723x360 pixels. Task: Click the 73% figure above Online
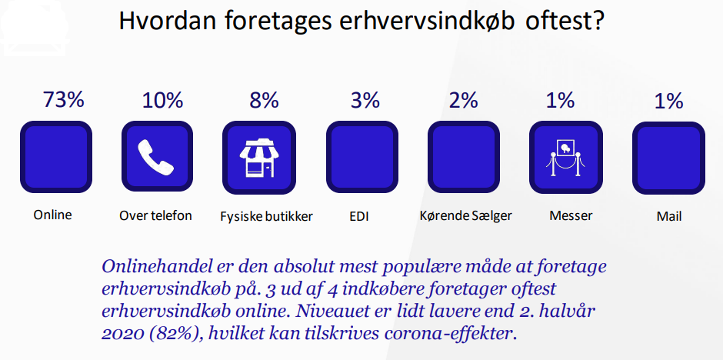tap(64, 99)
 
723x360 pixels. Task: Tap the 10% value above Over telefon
tap(162, 100)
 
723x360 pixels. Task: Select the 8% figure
tap(265, 100)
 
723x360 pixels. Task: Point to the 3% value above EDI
tap(365, 100)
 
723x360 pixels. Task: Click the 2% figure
tap(463, 100)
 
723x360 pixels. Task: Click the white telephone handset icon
tap(156, 156)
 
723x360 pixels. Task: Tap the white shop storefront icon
tap(258, 157)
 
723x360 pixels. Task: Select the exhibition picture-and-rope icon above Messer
tap(565, 158)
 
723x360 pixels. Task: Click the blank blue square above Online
tap(56, 157)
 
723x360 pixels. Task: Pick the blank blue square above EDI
tap(362, 157)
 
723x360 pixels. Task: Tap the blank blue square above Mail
tap(668, 158)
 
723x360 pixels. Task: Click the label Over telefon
tap(155, 215)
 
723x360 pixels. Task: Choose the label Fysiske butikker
tap(267, 216)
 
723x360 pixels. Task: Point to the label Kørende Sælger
tap(465, 215)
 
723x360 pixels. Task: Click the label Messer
tap(571, 215)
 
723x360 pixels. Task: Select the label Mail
tap(669, 216)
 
